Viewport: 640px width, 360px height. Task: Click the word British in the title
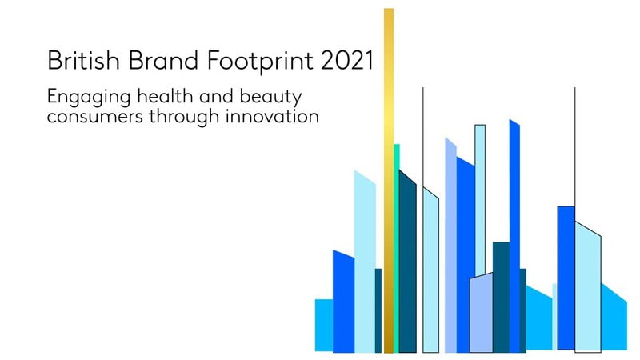(x=83, y=61)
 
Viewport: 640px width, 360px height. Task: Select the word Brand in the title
(x=163, y=61)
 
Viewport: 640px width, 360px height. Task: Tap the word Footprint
(x=260, y=62)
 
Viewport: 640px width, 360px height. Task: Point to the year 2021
(x=347, y=61)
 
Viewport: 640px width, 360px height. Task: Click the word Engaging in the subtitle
(x=89, y=98)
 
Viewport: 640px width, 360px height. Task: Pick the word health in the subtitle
(x=165, y=96)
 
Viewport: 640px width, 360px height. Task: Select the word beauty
(x=270, y=98)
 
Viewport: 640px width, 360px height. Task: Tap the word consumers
(x=95, y=117)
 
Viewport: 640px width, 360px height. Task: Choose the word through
(x=184, y=118)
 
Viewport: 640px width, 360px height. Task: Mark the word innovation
(x=272, y=116)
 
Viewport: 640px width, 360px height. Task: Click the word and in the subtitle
(x=216, y=96)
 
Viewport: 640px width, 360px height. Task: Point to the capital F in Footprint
(x=214, y=61)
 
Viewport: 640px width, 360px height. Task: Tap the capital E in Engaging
(x=53, y=96)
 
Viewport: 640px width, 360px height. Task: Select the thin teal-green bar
(x=396, y=248)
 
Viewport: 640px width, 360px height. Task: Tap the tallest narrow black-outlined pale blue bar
(x=480, y=200)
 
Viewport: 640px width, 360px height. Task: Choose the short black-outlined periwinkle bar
(x=482, y=313)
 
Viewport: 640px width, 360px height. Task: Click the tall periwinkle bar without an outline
(x=450, y=246)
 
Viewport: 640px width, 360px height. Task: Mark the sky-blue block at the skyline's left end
(x=324, y=326)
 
